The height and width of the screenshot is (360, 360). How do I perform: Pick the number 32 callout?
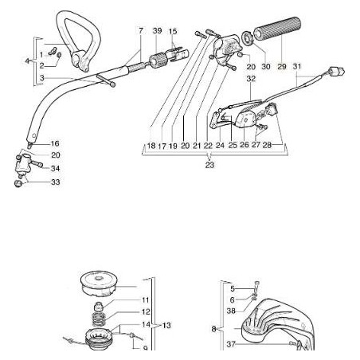point(251,80)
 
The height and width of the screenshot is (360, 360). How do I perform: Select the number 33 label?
point(55,182)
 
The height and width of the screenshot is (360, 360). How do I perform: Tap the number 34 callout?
point(55,168)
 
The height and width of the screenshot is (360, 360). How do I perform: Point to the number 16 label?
point(55,143)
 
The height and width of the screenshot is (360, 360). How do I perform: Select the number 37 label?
point(231,344)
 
